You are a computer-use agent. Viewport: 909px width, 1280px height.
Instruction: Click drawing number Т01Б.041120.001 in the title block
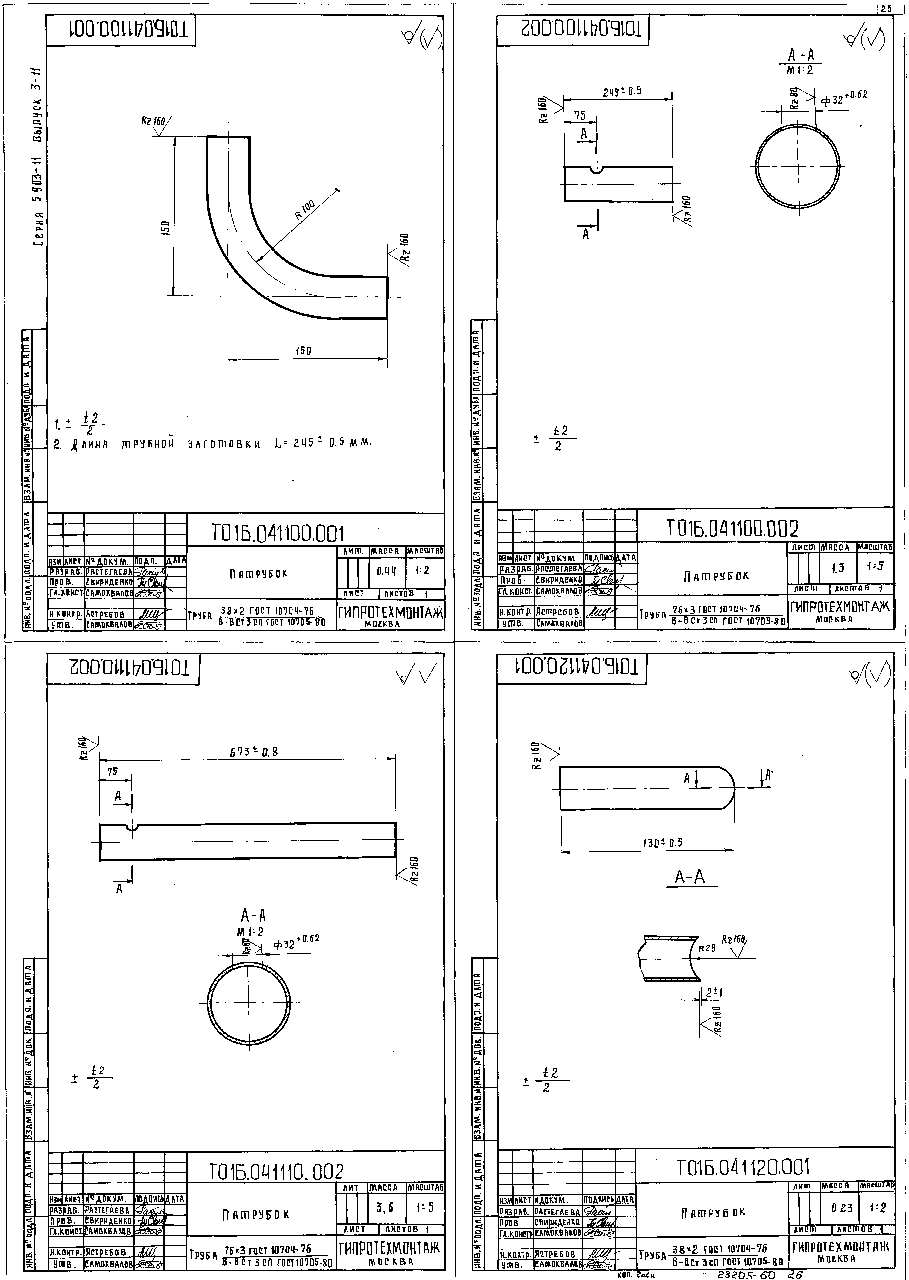pyautogui.click(x=743, y=1167)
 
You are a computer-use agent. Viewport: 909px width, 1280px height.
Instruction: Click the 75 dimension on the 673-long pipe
pyautogui.click(x=113, y=772)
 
